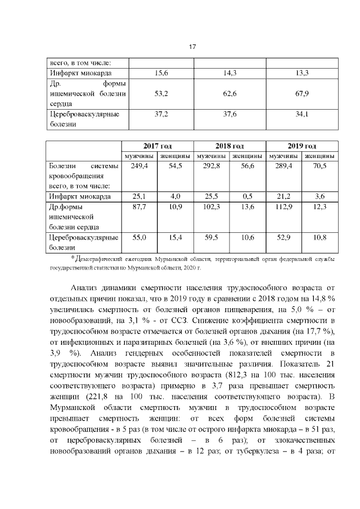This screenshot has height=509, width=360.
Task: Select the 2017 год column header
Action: pos(158,146)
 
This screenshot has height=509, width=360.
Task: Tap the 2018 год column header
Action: pos(229,146)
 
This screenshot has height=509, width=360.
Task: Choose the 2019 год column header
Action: pos(301,146)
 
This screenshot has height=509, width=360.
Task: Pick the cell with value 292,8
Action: pos(211,166)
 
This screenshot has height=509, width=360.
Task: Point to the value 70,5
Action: pos(319,166)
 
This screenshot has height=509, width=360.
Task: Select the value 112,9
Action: pos(283,207)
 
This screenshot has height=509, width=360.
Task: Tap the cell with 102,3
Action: pos(211,207)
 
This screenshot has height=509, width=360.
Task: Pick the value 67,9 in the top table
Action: pos(302,93)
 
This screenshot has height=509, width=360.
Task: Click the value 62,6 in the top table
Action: pos(229,93)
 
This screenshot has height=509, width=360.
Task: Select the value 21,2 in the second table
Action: pos(283,196)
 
